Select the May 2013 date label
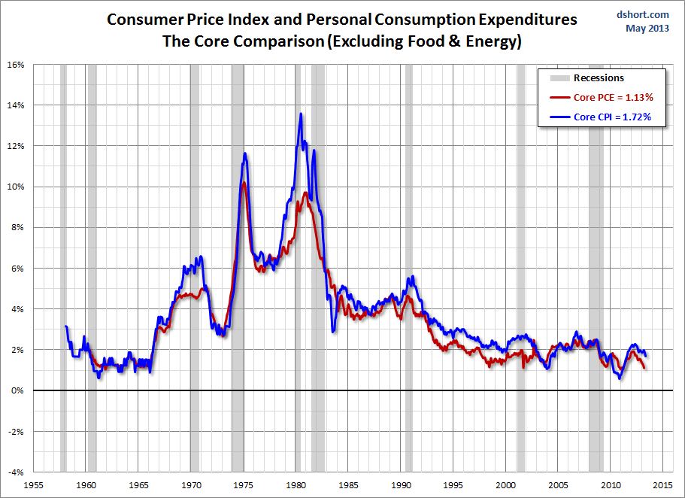point(647,29)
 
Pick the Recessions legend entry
point(599,78)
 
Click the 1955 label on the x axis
point(35,484)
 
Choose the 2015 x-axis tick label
point(662,484)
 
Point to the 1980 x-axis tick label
point(296,484)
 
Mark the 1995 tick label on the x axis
point(453,484)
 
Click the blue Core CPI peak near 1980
point(301,114)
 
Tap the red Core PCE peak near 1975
point(244,183)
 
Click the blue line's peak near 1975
point(245,153)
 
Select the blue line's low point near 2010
point(620,378)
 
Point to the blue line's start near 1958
point(66,326)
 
